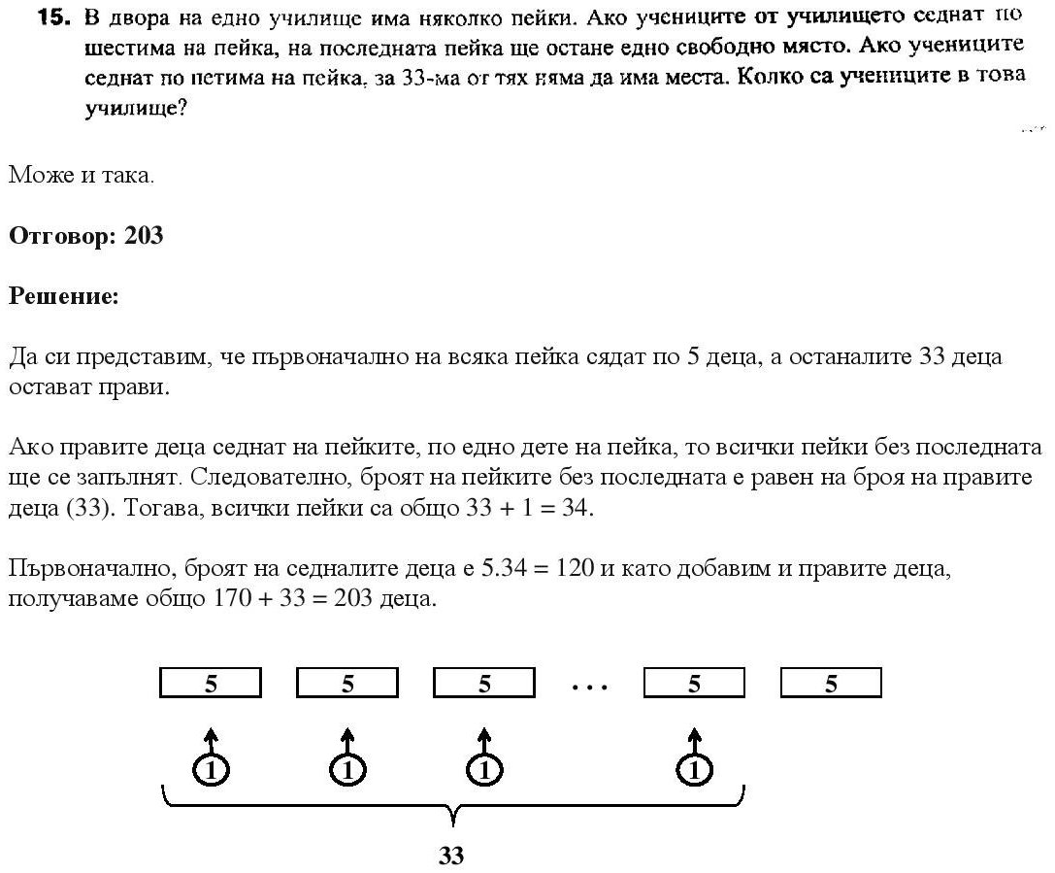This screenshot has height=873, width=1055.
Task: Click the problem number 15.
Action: (x=49, y=18)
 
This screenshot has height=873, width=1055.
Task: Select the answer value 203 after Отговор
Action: (x=144, y=236)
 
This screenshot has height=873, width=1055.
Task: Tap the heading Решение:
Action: (x=63, y=296)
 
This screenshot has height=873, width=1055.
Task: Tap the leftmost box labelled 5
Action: (x=211, y=685)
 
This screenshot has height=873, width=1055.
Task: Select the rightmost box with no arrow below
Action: (x=831, y=685)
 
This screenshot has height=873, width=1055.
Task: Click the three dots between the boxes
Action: (x=589, y=688)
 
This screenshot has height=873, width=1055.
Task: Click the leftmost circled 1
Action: (x=211, y=770)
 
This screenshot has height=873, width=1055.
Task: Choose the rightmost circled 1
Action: (x=693, y=770)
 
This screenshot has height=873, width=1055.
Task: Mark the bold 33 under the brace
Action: (x=451, y=856)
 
